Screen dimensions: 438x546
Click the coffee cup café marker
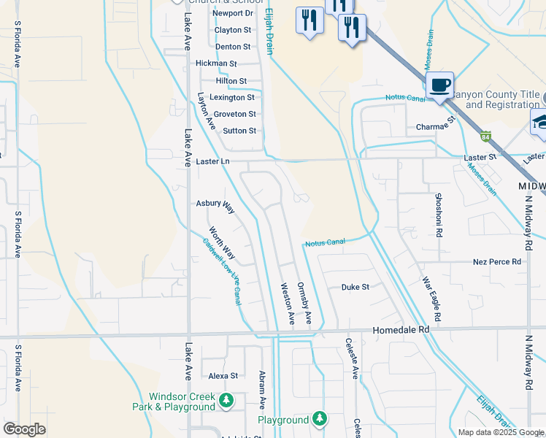(439, 85)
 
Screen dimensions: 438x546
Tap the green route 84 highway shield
(486, 136)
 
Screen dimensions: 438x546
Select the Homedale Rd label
(403, 329)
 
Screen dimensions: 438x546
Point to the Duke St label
(355, 287)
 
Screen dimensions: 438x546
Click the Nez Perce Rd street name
(497, 261)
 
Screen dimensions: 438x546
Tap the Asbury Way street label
(215, 205)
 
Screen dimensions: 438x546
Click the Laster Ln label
(213, 161)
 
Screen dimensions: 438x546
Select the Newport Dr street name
(232, 13)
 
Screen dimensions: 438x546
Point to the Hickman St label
(216, 64)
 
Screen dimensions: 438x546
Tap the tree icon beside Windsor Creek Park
(227, 400)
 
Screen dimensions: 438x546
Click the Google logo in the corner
(24, 430)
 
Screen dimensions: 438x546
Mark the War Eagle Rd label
(431, 299)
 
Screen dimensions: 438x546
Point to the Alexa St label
(223, 376)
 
